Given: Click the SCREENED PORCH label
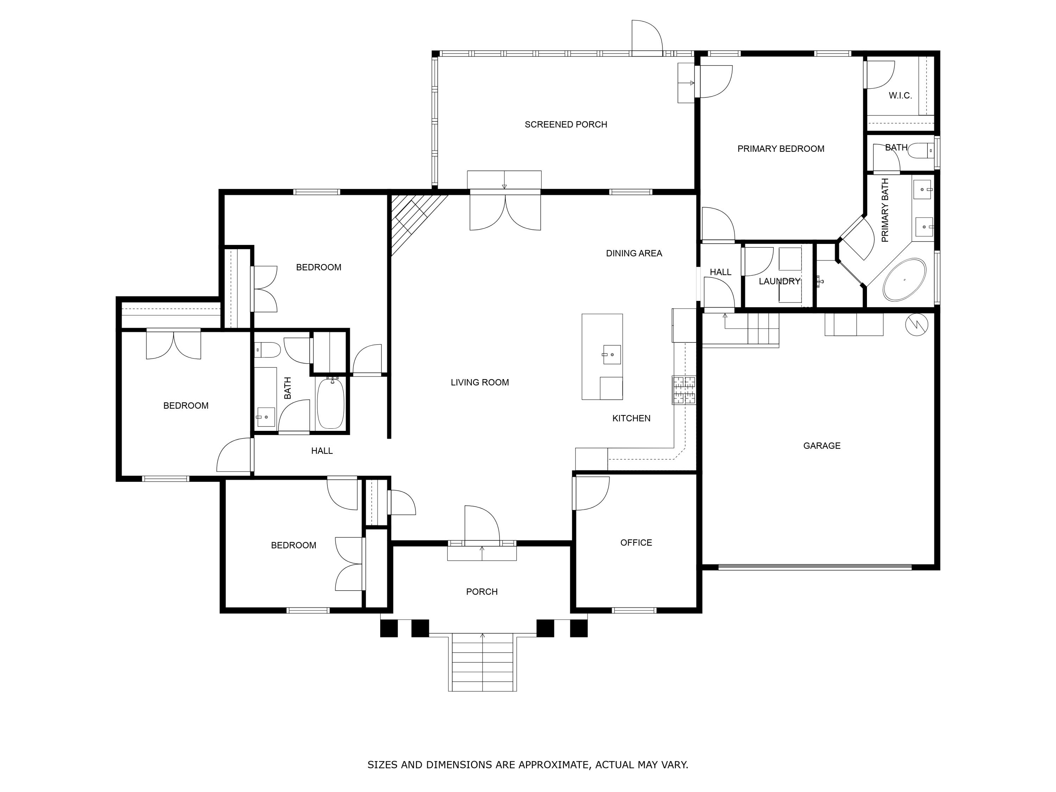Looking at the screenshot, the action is tap(566, 125).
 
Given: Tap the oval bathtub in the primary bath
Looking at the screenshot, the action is tap(904, 280).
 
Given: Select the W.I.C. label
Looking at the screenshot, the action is tap(900, 95).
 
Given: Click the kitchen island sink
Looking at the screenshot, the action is tap(611, 355).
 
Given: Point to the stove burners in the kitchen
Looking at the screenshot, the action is tap(684, 390).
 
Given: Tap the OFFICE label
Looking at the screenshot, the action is tap(636, 543).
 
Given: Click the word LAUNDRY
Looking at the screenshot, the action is tap(779, 282).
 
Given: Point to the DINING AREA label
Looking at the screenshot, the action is tap(634, 253).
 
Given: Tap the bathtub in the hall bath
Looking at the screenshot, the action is tap(331, 403).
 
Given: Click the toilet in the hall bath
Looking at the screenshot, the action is tap(267, 350).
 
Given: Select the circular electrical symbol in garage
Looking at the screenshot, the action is tap(917, 325).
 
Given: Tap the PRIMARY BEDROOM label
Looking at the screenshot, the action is tap(780, 149).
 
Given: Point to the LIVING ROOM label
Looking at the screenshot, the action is tap(480, 382).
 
